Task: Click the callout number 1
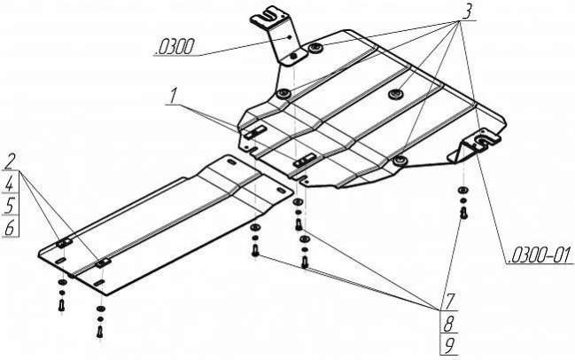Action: tap(173, 96)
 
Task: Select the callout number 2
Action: tap(12, 161)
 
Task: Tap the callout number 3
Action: tap(466, 12)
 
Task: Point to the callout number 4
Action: tap(10, 184)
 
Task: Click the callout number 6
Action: tap(10, 228)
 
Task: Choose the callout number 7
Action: tap(450, 301)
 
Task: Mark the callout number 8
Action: tap(449, 325)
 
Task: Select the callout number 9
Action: tap(449, 346)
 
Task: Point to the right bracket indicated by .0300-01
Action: tap(474, 146)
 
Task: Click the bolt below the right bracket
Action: tap(463, 213)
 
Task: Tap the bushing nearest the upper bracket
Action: tap(315, 48)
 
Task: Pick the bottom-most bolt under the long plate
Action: tap(100, 332)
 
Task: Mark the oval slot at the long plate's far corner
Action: tap(232, 162)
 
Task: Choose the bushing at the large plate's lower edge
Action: tap(400, 160)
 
